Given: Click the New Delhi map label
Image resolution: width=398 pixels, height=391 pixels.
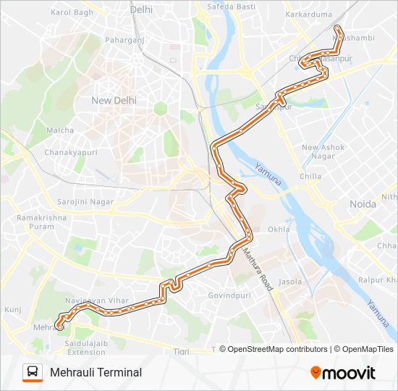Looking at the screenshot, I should pyautogui.click(x=114, y=101).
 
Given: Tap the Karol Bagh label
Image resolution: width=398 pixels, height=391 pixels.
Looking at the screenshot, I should pyautogui.click(x=72, y=13).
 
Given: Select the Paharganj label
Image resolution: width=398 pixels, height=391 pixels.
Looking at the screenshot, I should pyautogui.click(x=124, y=41).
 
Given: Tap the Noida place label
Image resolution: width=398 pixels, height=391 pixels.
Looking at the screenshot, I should pyautogui.click(x=363, y=204).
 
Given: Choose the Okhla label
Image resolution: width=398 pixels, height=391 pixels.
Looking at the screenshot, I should pyautogui.click(x=279, y=230).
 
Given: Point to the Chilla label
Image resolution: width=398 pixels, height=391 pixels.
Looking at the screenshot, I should pyautogui.click(x=310, y=176).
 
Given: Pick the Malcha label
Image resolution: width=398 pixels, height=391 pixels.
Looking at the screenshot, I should pyautogui.click(x=60, y=130).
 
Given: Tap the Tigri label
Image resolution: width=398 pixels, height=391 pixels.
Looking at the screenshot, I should pyautogui.click(x=181, y=352).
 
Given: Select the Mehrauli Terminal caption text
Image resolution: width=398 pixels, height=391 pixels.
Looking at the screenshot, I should pyautogui.click(x=96, y=373).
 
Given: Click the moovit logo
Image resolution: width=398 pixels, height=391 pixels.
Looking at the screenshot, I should pyautogui.click(x=343, y=372).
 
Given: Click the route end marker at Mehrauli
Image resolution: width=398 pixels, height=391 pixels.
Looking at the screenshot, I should pyautogui.click(x=59, y=327).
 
